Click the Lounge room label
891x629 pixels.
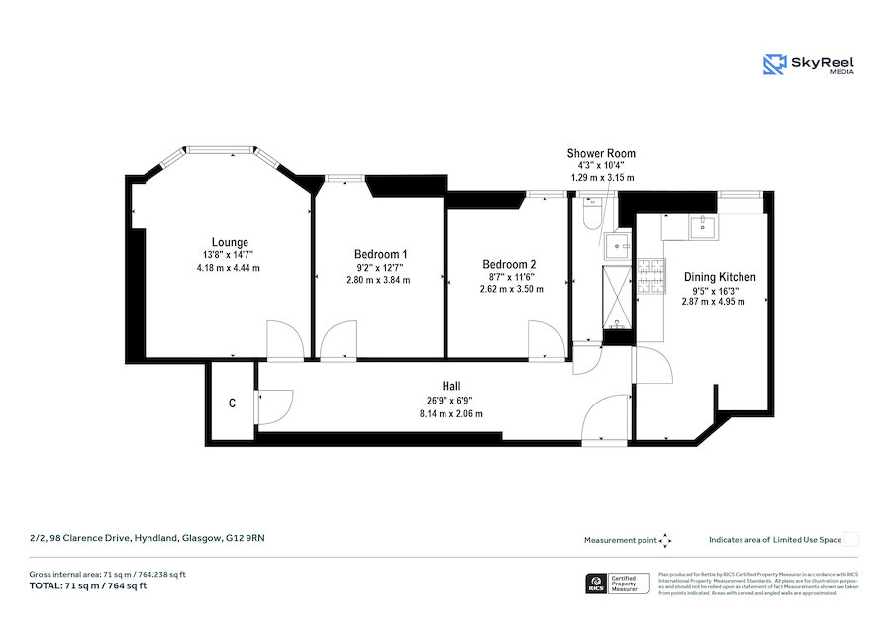230,242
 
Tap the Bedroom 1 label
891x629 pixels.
381,254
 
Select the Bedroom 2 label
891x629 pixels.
509,264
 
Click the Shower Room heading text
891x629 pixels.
601,153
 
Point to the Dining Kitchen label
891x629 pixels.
720,277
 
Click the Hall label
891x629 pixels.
451,386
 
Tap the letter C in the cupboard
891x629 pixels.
232,404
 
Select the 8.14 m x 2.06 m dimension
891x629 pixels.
451,413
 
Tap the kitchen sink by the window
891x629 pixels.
705,227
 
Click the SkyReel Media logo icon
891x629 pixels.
774,64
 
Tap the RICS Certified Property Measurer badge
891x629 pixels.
615,583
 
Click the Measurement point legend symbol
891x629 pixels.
666,540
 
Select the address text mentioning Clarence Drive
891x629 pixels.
148,539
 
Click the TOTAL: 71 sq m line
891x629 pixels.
88,586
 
